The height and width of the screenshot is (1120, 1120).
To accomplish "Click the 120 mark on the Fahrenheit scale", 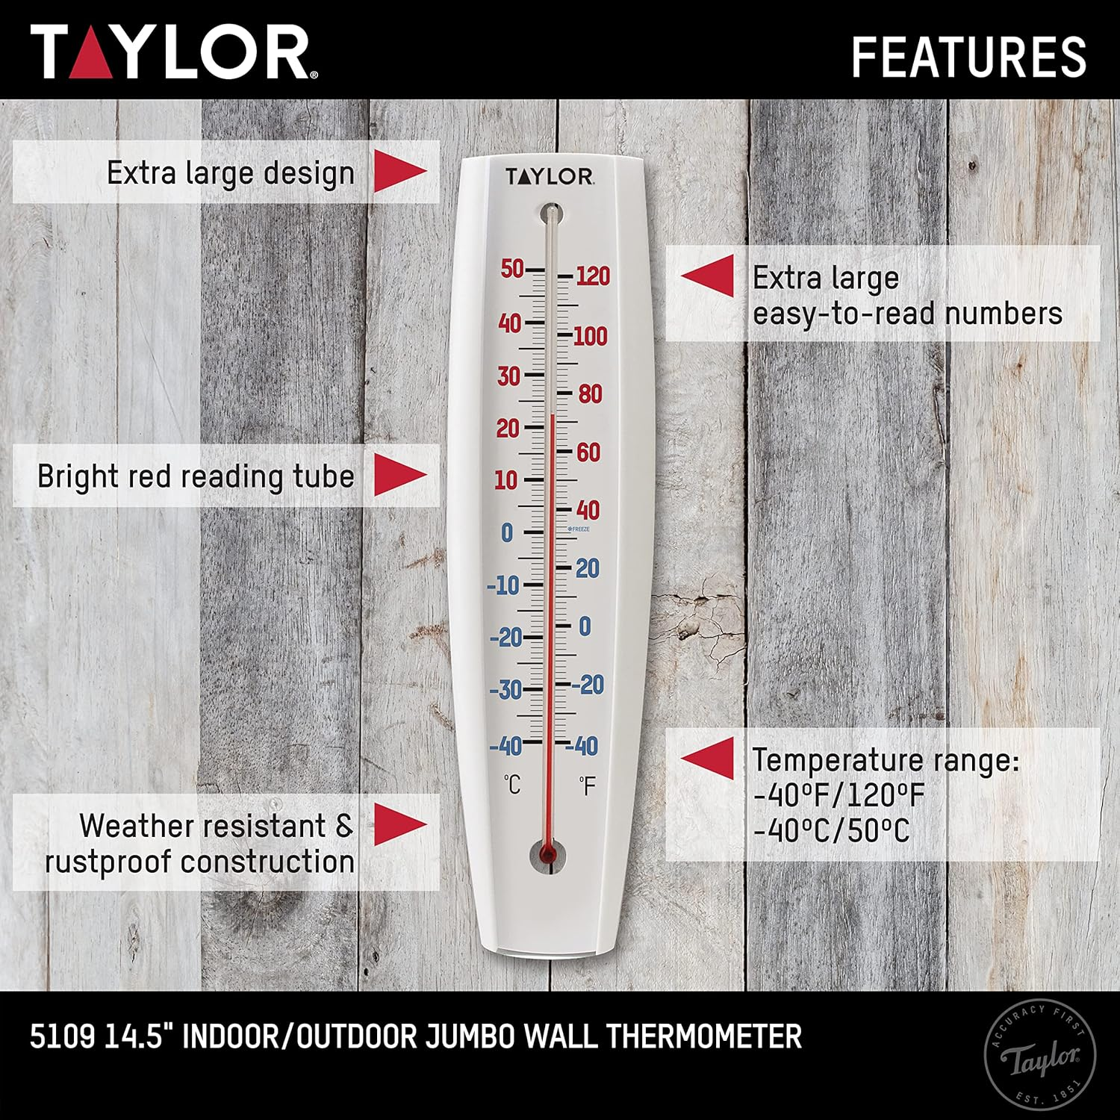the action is [x=593, y=276].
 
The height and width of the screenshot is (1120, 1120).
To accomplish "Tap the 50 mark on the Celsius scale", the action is [x=512, y=269].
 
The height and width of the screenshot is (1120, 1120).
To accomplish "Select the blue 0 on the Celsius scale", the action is [x=508, y=533].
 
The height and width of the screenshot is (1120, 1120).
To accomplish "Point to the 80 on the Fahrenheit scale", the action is [x=590, y=393].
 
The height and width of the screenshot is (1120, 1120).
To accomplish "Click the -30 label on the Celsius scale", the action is [x=505, y=689].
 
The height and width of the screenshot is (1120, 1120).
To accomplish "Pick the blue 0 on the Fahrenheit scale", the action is [x=585, y=626].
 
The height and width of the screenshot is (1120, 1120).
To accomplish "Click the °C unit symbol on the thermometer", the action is [x=512, y=785].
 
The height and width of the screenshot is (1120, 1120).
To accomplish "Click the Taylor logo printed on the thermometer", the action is [x=550, y=177].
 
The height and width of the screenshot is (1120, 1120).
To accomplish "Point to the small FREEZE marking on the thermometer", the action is [x=579, y=529].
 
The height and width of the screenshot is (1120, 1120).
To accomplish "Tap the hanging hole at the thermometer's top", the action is [x=552, y=213].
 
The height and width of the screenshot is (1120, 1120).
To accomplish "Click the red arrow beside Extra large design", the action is [x=399, y=172].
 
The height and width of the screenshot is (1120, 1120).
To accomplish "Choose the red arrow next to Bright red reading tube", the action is [x=399, y=476].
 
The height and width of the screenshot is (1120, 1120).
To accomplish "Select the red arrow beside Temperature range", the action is [x=708, y=759].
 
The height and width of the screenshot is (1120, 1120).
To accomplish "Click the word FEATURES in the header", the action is [x=968, y=57].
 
